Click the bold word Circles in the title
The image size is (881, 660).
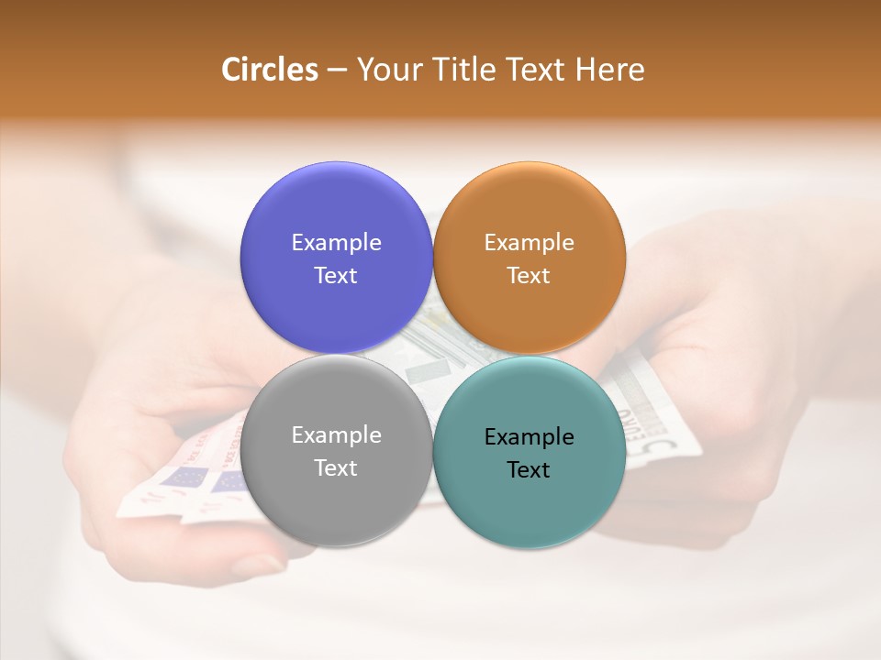tap(270, 70)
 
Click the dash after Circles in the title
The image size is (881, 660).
tap(337, 71)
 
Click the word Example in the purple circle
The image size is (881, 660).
tap(336, 243)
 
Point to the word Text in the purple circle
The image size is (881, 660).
tap(336, 275)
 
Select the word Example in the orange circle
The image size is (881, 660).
tap(530, 243)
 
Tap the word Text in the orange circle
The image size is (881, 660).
tap(530, 275)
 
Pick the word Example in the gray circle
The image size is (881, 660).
tap(336, 435)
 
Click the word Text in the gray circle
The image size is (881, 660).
tap(336, 467)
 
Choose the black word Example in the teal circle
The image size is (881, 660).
tap(530, 437)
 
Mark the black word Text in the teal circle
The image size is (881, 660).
tap(530, 469)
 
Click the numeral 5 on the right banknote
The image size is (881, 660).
tap(670, 447)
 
